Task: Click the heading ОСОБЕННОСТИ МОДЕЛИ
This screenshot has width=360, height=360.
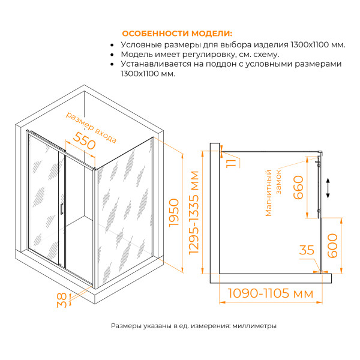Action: [176, 33]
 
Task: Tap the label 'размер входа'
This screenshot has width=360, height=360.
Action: [91, 127]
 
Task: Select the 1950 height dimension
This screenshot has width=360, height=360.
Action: [173, 212]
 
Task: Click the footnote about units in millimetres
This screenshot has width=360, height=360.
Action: [194, 326]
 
